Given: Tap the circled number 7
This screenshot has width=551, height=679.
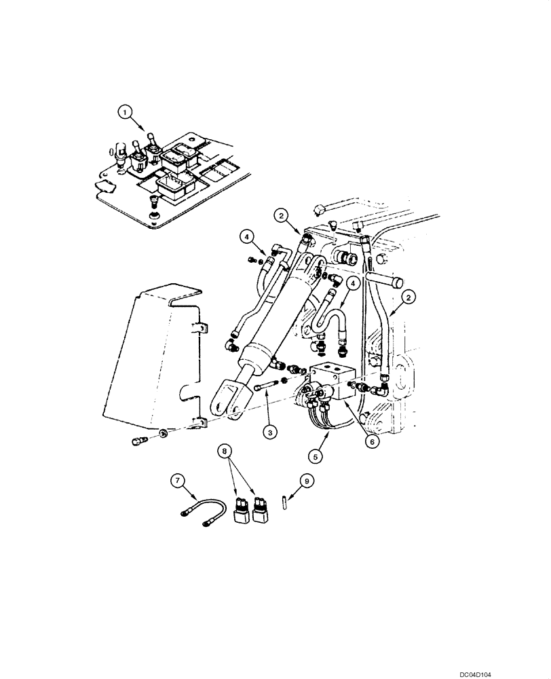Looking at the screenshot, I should [178, 481].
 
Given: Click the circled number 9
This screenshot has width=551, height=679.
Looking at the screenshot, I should [306, 481].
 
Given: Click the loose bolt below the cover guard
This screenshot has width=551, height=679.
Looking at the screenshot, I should [137, 441].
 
